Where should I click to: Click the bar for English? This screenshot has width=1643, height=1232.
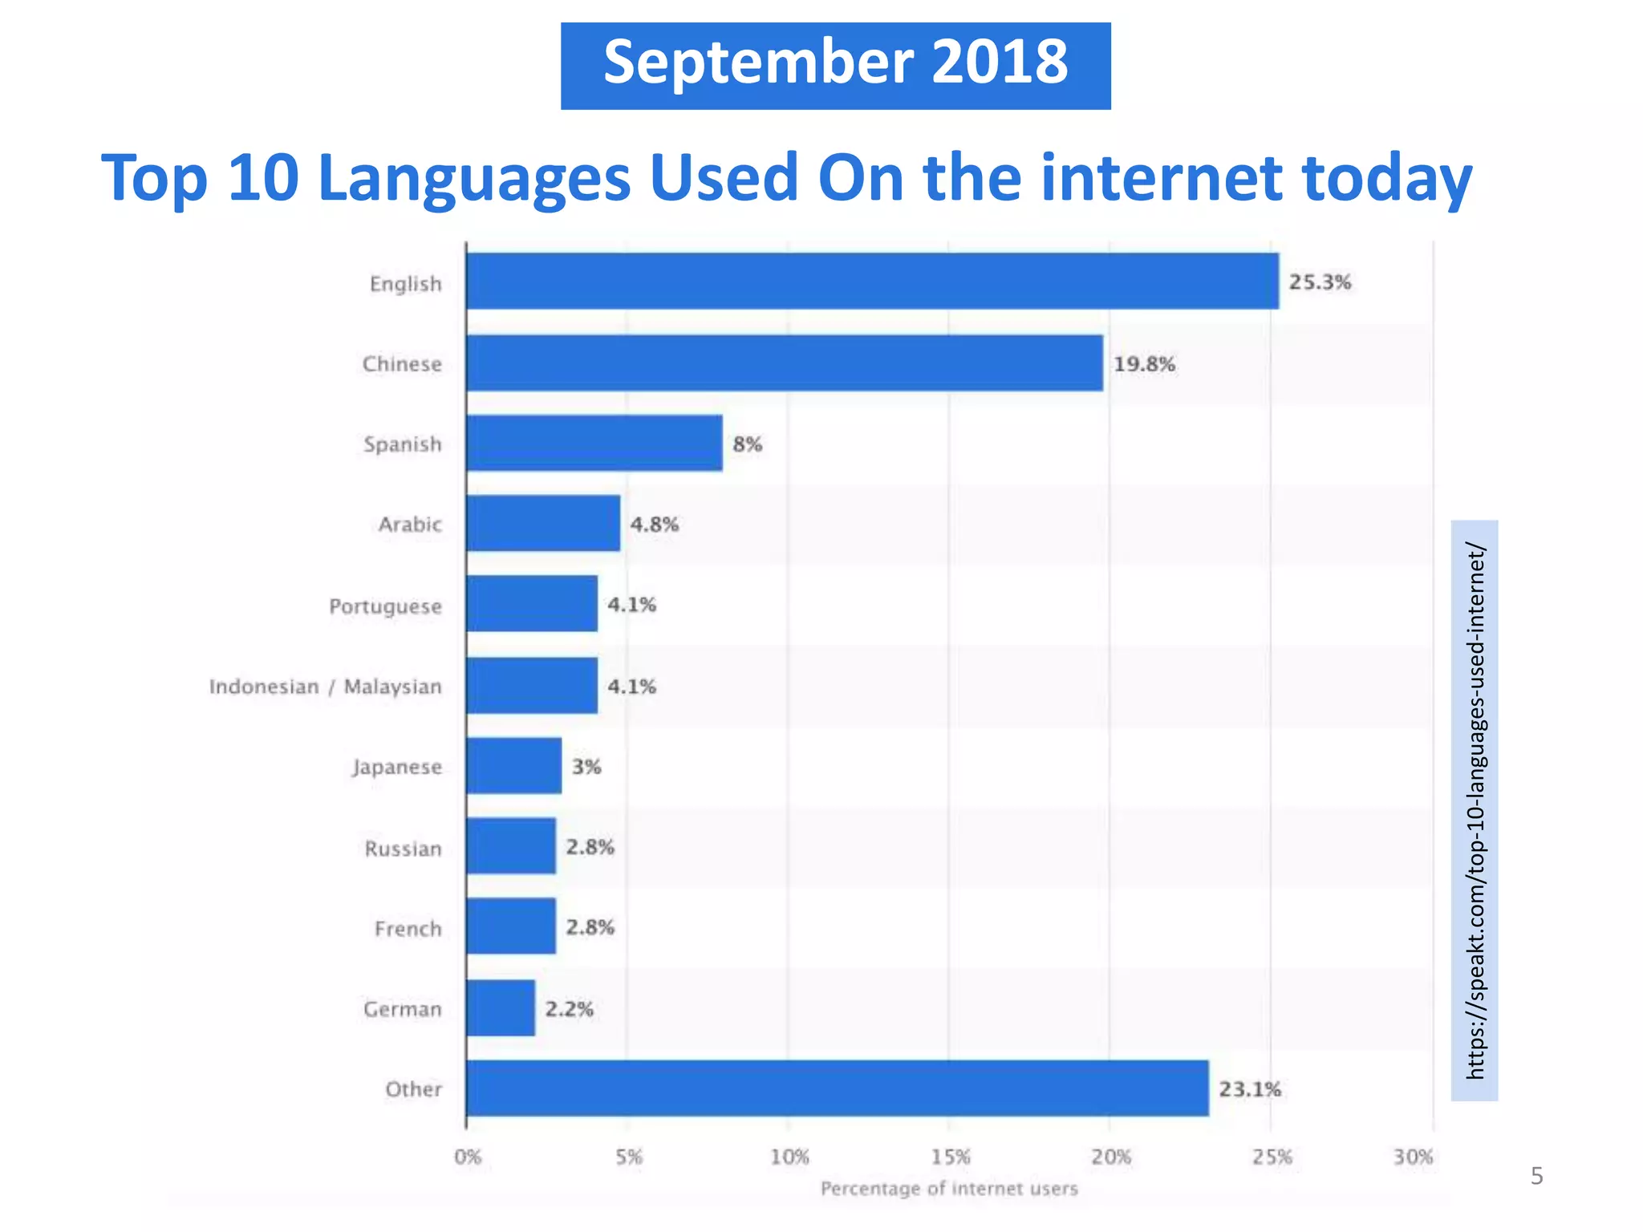coord(872,282)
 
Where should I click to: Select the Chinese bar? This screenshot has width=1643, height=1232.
coord(785,363)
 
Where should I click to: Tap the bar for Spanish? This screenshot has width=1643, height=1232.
coord(594,444)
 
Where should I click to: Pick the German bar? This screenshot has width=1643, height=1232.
coord(501,1008)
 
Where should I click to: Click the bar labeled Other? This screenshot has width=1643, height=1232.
coord(838,1088)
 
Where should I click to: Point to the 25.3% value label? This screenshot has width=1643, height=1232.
coord(1320,282)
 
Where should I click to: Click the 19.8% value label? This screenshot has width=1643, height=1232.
coord(1144,364)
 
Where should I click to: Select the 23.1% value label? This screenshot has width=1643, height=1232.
coord(1250,1089)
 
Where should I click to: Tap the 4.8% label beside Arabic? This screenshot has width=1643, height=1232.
coord(655,525)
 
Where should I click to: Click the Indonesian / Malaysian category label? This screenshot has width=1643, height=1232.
coord(325,687)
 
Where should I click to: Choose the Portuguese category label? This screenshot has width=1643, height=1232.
coord(385,606)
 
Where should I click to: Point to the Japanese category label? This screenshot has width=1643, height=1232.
coord(397,768)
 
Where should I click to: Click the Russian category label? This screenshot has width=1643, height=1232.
coord(403,849)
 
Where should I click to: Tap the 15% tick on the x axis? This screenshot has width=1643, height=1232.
coord(951,1157)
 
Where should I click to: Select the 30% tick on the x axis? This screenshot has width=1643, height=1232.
coord(1413,1157)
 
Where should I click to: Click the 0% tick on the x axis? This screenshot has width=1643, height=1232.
coord(468,1157)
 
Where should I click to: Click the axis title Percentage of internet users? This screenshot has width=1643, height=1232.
coord(949,1189)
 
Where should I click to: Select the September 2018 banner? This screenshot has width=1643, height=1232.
coord(835,66)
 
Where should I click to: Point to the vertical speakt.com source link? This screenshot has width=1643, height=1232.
coord(1475,810)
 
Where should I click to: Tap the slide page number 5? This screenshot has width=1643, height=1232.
coord(1536,1177)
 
